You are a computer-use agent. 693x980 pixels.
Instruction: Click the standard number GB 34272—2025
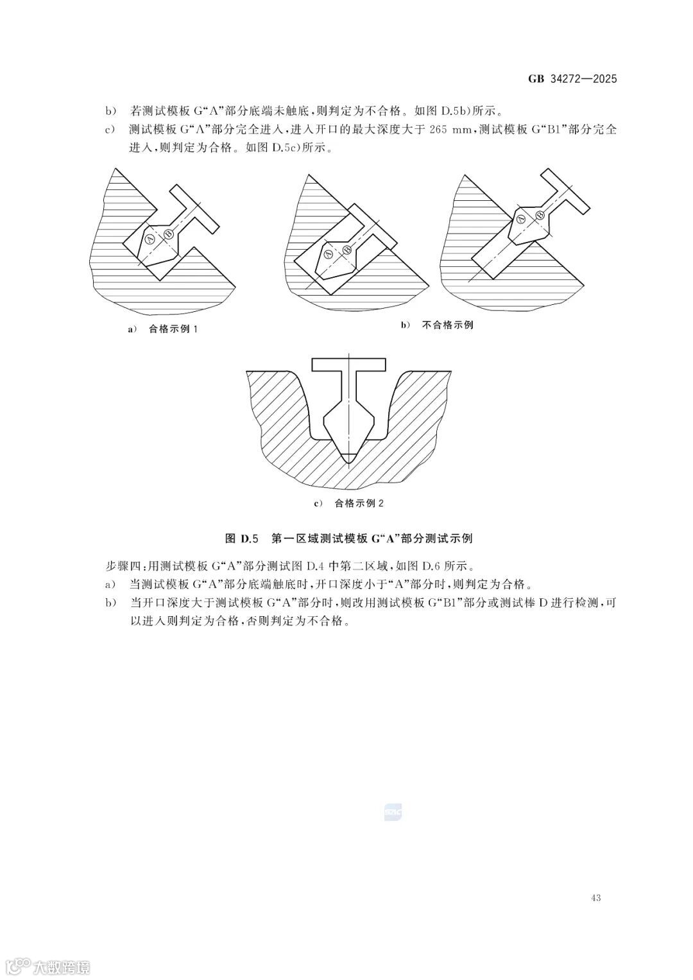(x=572, y=79)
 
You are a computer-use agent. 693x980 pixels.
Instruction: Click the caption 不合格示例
(x=447, y=325)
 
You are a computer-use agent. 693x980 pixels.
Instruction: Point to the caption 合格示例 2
(x=359, y=503)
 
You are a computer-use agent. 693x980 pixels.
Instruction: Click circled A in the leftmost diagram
(x=150, y=239)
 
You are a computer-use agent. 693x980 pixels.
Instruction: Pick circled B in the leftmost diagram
(x=168, y=234)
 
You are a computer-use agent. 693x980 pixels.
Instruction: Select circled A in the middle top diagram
(x=329, y=255)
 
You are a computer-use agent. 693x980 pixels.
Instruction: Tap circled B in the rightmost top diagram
(x=540, y=214)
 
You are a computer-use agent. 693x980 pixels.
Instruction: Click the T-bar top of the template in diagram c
(x=349, y=364)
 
